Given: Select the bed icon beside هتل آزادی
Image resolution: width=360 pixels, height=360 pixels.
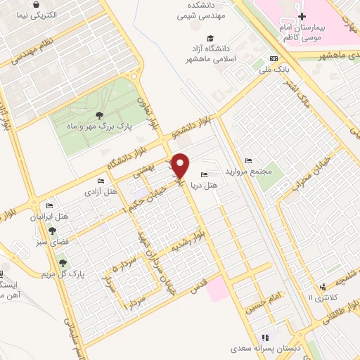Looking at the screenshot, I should pos(100,181).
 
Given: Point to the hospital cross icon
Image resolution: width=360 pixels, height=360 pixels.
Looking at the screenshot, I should pos(302,15).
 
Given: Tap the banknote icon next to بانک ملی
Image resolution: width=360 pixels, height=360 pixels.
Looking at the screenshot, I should pos(274,59).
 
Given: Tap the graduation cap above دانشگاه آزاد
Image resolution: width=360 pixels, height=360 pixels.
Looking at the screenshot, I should pos(210,38).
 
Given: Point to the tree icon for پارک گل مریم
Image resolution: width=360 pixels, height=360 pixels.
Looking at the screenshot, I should pos(62,262).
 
